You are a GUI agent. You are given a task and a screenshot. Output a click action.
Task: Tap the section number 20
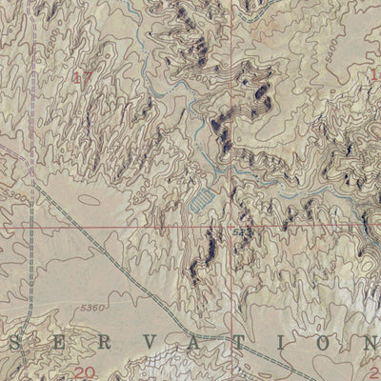85,371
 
